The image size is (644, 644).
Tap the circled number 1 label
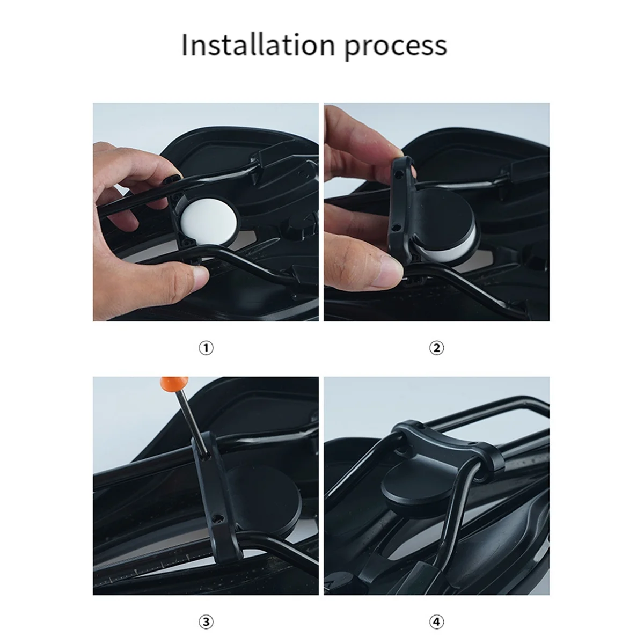tap(206, 348)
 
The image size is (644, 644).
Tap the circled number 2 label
tap(437, 348)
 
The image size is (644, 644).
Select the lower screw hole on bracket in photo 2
tap(395, 226)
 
